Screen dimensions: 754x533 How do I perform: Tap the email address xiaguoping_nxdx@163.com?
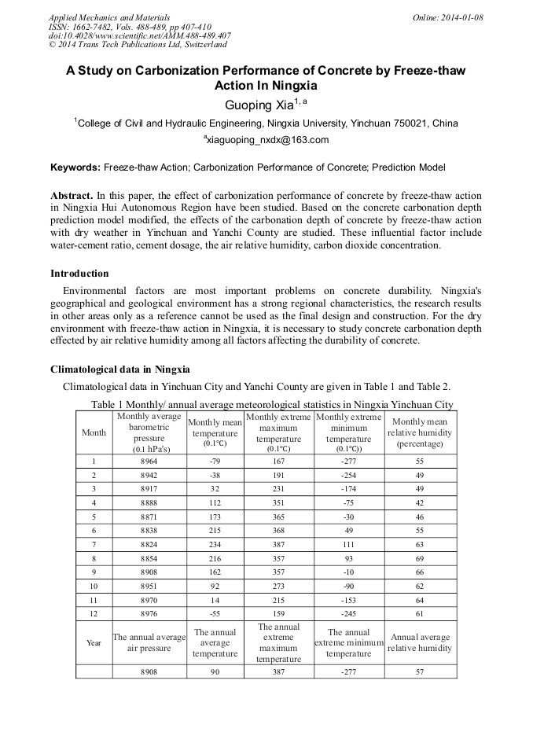266,140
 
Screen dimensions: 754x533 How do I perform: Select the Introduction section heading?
79,274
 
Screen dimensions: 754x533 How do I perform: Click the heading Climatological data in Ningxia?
119,370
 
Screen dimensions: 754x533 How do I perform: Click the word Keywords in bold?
75,167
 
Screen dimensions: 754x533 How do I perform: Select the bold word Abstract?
72,195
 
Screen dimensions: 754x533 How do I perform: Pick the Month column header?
94,433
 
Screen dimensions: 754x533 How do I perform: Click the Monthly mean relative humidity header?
420,433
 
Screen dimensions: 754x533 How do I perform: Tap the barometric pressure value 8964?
149,462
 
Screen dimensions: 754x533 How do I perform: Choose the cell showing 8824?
149,543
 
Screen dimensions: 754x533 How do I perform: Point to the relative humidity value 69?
420,557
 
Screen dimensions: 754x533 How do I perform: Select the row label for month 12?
94,612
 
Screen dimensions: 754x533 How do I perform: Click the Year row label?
94,642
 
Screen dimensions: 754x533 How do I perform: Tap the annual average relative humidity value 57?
420,672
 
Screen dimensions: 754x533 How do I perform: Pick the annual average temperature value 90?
215,672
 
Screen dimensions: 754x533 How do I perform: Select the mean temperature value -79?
215,462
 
